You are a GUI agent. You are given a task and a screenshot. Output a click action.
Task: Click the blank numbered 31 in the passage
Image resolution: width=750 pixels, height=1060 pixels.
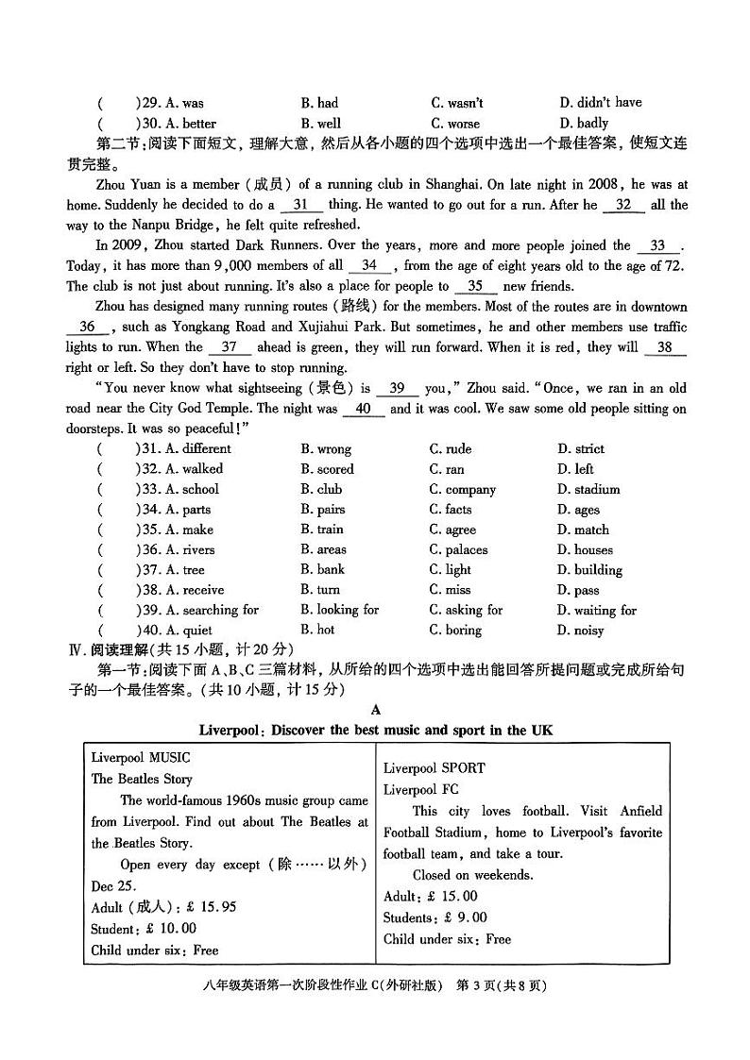coord(301,204)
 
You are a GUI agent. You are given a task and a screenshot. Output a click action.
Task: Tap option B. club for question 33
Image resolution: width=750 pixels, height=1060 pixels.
coord(321,489)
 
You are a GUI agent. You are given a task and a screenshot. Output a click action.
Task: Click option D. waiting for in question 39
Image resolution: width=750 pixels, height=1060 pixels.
coord(596,611)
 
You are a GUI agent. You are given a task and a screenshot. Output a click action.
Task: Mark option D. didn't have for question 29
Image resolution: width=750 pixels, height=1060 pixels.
coord(600,103)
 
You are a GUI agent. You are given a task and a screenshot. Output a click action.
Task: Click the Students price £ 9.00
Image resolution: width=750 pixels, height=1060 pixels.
coord(461,917)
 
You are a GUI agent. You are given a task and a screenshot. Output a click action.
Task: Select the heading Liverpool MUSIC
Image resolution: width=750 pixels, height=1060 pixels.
coord(141,757)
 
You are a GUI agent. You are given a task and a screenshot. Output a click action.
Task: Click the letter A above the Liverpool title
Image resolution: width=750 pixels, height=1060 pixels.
coord(376,710)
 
